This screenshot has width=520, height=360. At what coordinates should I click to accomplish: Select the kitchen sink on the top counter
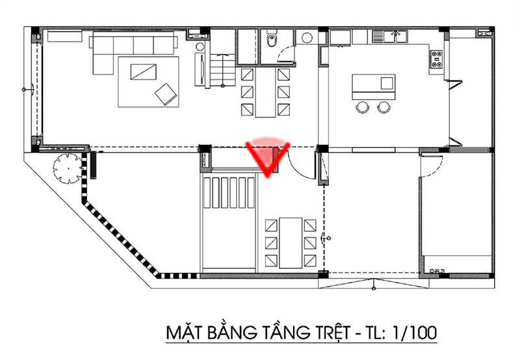(x=389, y=36)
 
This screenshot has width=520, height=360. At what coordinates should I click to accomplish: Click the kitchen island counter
(x=373, y=87)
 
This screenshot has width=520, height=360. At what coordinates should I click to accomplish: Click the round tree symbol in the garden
(x=68, y=168)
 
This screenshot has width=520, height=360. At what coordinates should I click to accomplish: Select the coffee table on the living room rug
(x=143, y=71)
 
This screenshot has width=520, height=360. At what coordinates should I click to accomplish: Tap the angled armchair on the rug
(x=166, y=94)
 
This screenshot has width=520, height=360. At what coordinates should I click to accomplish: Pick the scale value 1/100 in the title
(x=414, y=333)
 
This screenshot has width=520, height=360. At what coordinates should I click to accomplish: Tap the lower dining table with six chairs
(x=291, y=242)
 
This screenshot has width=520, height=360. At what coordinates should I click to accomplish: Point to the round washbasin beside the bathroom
(x=307, y=38)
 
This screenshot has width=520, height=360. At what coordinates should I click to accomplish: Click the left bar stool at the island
(x=362, y=107)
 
